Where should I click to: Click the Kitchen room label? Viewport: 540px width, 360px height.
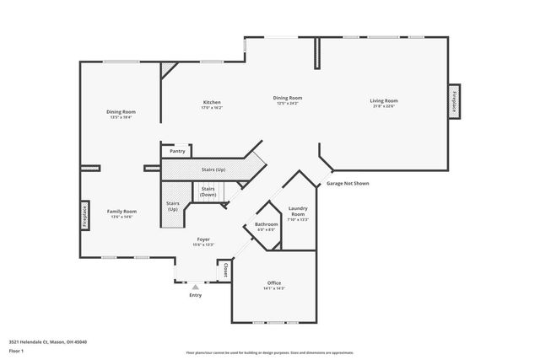click(x=211, y=102)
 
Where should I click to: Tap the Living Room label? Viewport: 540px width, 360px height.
click(x=383, y=101)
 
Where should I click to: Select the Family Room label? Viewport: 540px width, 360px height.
click(x=121, y=212)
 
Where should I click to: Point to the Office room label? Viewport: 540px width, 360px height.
click(x=274, y=282)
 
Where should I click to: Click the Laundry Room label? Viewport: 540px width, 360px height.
click(x=298, y=211)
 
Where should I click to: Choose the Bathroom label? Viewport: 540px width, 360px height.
click(x=266, y=224)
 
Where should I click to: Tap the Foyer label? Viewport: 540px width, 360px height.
click(x=203, y=239)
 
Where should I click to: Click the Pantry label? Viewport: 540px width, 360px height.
click(x=177, y=151)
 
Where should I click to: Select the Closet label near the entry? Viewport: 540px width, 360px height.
click(x=226, y=271)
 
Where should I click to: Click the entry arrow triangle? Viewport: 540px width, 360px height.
click(x=196, y=287)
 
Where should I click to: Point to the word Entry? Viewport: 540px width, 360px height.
click(x=196, y=295)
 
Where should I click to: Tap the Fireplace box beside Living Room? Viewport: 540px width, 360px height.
click(x=454, y=102)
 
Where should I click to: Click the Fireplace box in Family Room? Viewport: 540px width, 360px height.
click(x=84, y=216)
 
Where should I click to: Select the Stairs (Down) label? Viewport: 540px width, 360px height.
click(x=208, y=191)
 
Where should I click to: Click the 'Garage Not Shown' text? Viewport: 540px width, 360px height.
click(x=347, y=183)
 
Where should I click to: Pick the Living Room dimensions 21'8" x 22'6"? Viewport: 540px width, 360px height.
click(x=383, y=107)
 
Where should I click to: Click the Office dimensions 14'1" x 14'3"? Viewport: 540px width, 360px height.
click(x=274, y=288)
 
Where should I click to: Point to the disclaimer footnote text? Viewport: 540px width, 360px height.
click(x=270, y=352)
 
